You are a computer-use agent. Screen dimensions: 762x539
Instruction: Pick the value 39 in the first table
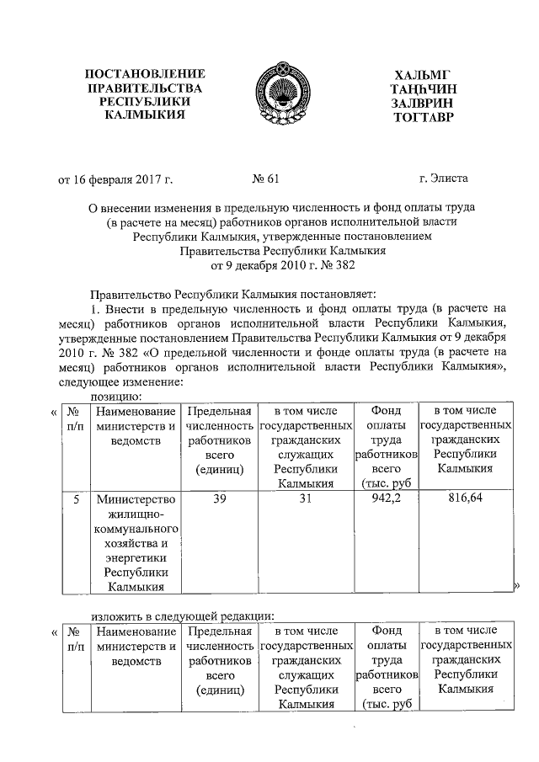[219, 499]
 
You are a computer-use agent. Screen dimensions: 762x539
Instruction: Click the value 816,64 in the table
[465, 499]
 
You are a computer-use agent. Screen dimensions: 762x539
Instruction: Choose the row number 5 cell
[76, 499]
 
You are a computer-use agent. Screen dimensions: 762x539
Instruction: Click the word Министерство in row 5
[137, 499]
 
